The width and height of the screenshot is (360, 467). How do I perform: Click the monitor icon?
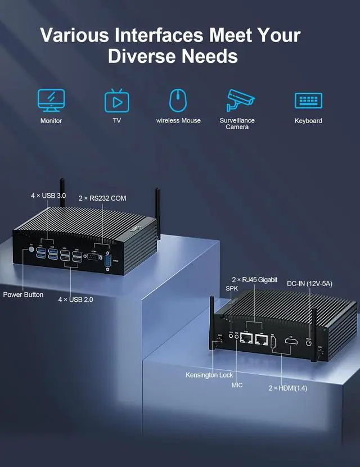coord(51,100)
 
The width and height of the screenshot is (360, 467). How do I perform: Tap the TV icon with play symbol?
coord(117,101)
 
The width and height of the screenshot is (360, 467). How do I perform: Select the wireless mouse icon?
coord(178,100)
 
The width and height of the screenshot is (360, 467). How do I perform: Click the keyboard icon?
coord(308,101)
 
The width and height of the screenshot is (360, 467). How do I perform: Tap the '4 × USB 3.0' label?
coord(48,196)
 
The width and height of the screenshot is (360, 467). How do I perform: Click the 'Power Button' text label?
coord(23,294)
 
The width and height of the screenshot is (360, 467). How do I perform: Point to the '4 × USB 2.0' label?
coord(75,300)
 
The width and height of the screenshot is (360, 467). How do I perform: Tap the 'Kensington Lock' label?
coord(209,375)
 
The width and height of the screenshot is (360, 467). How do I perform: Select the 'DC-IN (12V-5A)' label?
coord(309,284)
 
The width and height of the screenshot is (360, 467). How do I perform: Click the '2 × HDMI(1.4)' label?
coord(288,388)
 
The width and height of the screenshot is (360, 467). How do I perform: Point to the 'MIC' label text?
coord(237,386)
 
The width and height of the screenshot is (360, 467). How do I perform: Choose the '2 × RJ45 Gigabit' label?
coord(255,279)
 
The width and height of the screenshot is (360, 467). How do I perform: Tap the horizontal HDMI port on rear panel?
coord(291,341)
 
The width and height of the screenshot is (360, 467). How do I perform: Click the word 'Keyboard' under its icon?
coord(308,121)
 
